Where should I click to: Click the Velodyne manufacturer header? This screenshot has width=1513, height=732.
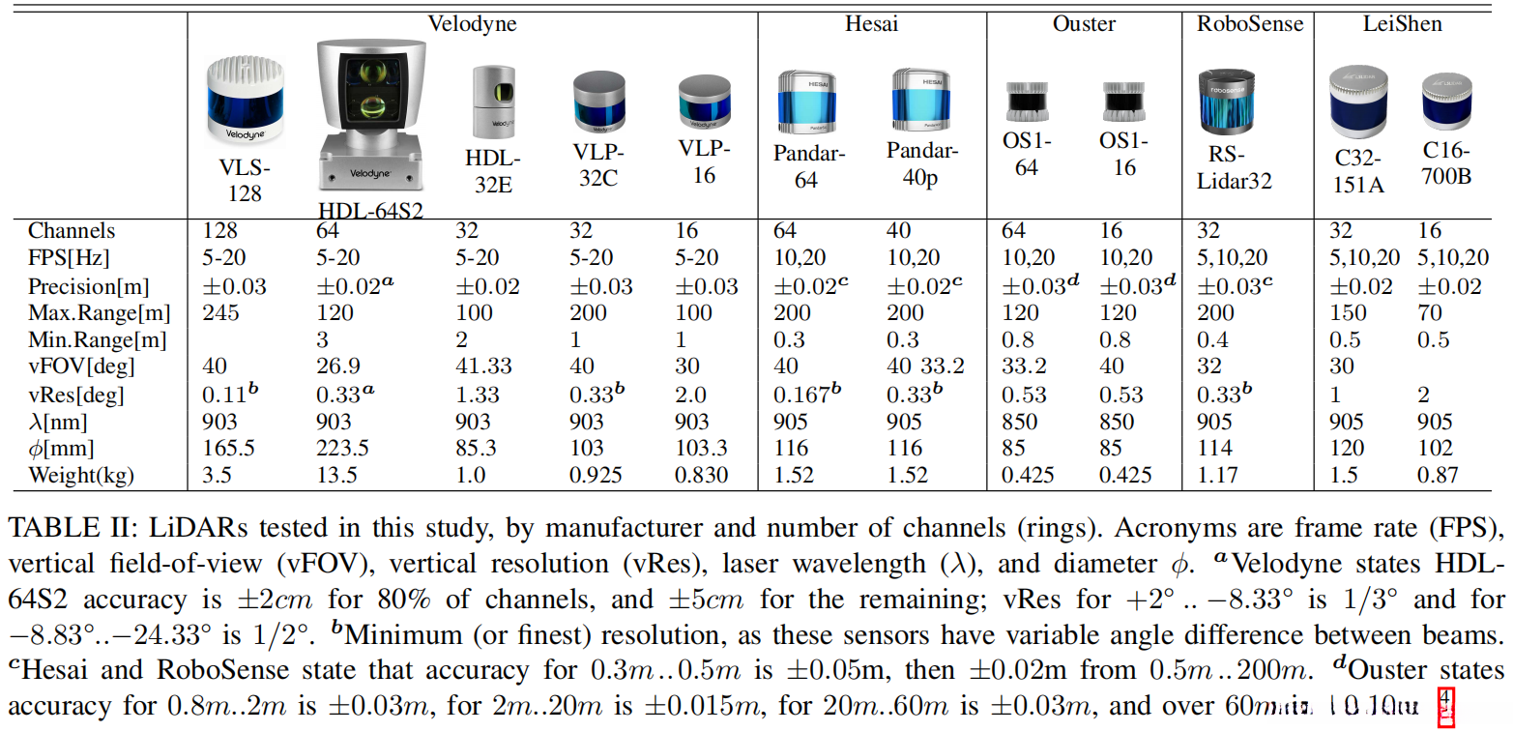click(x=473, y=24)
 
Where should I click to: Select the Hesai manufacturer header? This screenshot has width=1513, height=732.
click(x=871, y=24)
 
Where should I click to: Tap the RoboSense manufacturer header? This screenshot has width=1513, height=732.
click(x=1249, y=24)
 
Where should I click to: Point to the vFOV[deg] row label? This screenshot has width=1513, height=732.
click(x=82, y=367)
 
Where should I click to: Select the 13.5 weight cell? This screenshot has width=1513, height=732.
click(x=337, y=476)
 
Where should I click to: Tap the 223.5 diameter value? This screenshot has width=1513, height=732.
click(x=343, y=449)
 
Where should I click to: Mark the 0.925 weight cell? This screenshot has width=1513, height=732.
click(x=595, y=476)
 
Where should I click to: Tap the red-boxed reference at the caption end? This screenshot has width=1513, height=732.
click(x=1446, y=707)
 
